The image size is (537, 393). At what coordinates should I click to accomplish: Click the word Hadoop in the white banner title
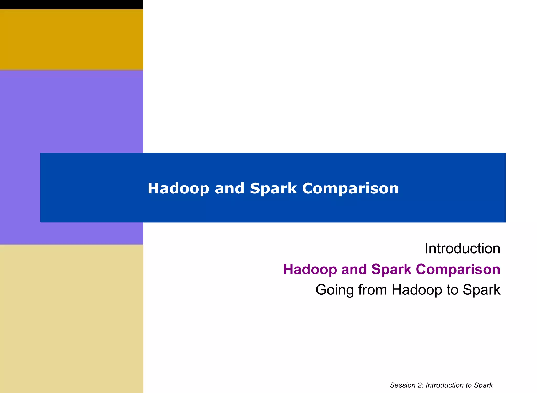coord(178,188)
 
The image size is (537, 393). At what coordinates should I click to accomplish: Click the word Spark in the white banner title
coord(273,188)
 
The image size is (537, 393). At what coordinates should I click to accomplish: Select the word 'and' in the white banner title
coord(229,188)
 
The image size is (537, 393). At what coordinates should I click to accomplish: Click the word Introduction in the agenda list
coord(462,248)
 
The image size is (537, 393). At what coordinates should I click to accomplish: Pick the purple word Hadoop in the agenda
coord(310,269)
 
